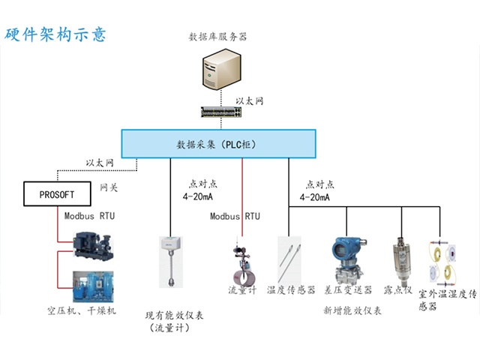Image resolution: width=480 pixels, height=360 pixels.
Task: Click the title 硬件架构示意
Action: [x=56, y=34]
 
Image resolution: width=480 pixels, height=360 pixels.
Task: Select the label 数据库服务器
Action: [x=219, y=36]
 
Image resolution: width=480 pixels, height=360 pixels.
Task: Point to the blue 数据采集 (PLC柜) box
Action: [x=217, y=142]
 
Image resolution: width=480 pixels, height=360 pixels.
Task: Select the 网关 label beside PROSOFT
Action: [x=109, y=188]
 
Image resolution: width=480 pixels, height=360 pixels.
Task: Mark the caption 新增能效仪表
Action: [x=352, y=310]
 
